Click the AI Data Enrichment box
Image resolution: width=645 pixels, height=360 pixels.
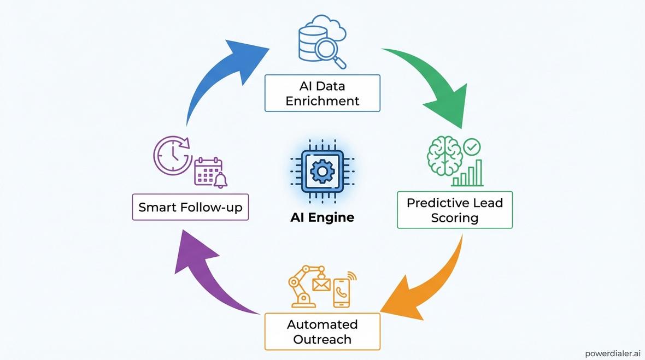[x=322, y=93]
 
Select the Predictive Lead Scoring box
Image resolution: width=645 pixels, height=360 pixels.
[x=454, y=210]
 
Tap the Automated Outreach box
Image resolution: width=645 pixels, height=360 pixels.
[x=322, y=332]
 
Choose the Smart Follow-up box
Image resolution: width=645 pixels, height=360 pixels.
[x=190, y=207]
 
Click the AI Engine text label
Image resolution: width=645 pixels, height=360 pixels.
[x=322, y=217]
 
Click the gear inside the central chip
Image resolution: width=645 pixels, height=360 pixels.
[x=322, y=172]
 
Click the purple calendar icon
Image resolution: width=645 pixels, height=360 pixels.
[x=209, y=173]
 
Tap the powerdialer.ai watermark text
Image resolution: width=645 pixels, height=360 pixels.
[x=612, y=353]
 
